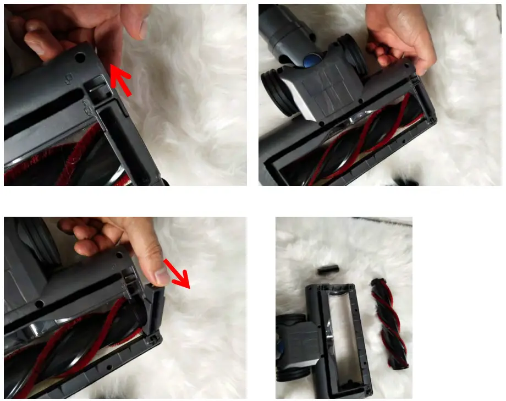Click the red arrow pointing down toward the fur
180,277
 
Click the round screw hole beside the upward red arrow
81,57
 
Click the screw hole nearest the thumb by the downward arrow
116,255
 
